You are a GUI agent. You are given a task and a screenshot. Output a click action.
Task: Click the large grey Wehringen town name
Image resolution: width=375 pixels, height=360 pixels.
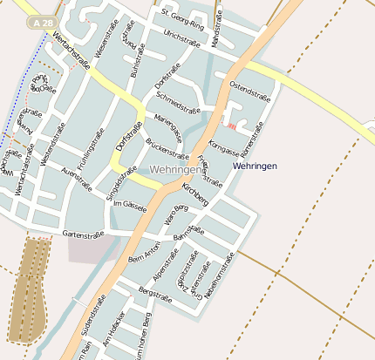click(174, 169)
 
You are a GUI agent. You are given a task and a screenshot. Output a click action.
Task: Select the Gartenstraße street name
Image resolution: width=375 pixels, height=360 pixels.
click(84, 234)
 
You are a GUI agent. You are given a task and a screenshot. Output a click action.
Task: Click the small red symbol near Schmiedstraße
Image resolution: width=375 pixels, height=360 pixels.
click(231, 126)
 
